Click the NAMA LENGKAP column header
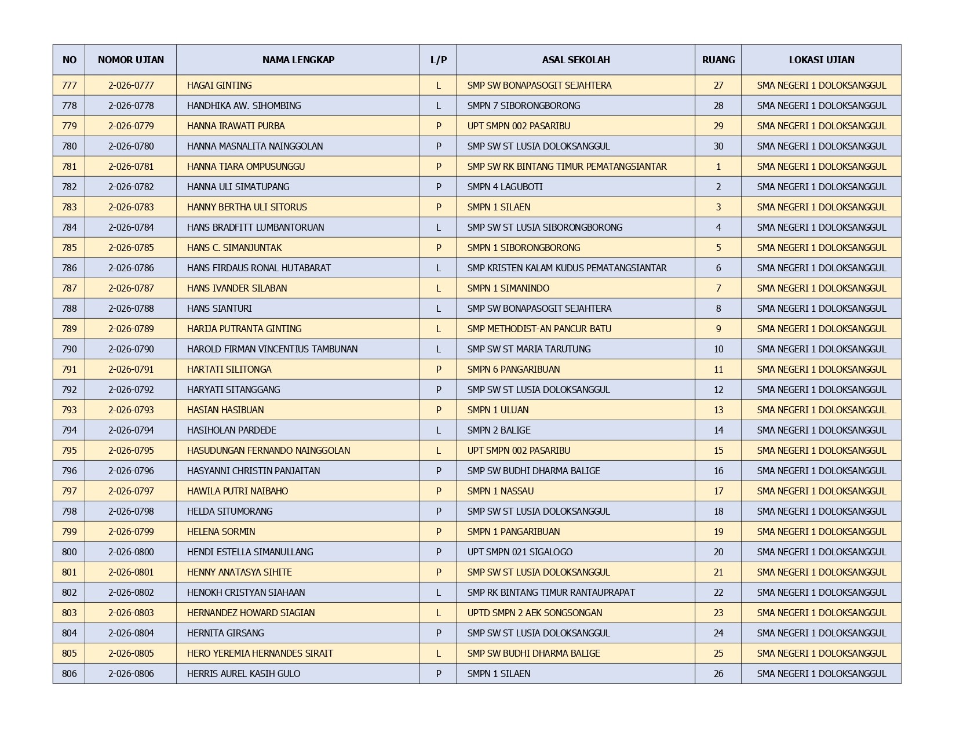click(x=298, y=60)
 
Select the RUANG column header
click(x=718, y=60)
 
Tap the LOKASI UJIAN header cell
click(x=821, y=60)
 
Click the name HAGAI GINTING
click(x=219, y=85)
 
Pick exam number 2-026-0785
click(x=131, y=247)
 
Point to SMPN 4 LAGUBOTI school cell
click(x=505, y=187)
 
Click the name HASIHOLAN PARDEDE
click(x=231, y=430)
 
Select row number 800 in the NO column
click(x=69, y=552)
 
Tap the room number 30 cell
click(x=718, y=146)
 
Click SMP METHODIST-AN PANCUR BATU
click(x=539, y=329)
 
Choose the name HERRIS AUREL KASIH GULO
click(x=243, y=674)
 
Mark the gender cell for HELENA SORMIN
click(x=438, y=532)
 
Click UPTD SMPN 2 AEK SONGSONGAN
click(x=534, y=613)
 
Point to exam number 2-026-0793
click(x=131, y=410)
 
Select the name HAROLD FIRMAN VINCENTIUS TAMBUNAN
click(x=272, y=349)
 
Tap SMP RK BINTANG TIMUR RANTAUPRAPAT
click(x=550, y=592)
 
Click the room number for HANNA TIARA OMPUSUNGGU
click(x=718, y=166)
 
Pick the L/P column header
click(x=438, y=60)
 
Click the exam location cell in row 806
click(x=821, y=674)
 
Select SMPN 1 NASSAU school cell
click(x=500, y=491)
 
